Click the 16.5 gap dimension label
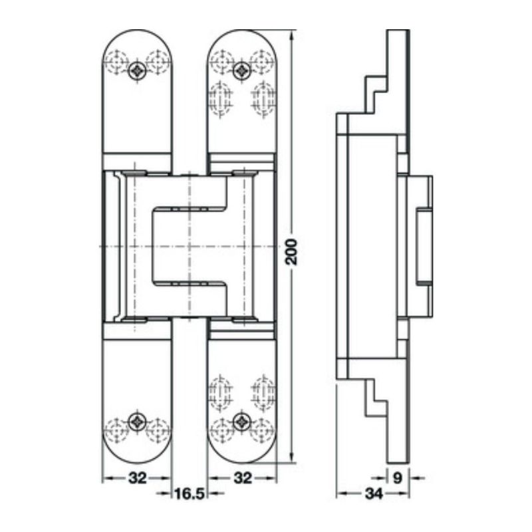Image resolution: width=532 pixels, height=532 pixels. tap(189, 493)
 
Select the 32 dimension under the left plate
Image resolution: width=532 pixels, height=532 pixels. tap(137, 477)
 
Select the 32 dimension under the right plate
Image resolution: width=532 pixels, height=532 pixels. tap(244, 477)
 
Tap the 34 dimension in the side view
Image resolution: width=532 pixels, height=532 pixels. tap(374, 493)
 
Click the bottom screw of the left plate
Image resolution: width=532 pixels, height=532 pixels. tap(138, 420)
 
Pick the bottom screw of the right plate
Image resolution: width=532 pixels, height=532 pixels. tap(243, 420)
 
